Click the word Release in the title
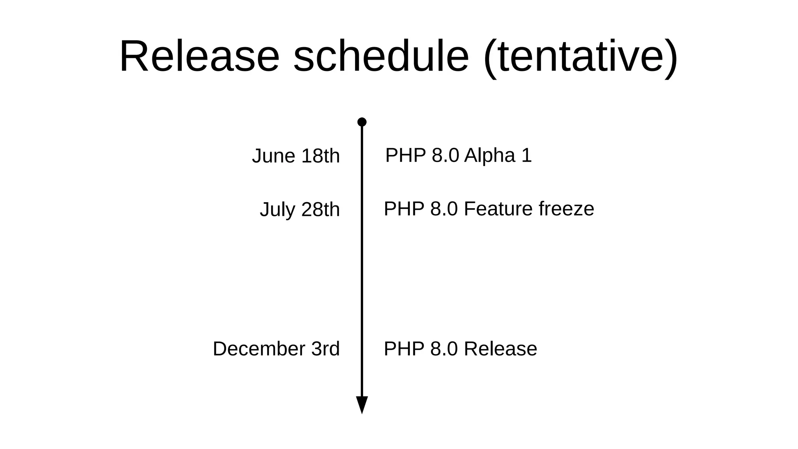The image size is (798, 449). coord(199,56)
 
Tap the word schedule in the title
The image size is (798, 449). coord(381,56)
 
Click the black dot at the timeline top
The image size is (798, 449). coord(362,122)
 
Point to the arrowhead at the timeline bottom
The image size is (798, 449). coord(362,404)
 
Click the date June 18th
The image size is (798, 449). coord(296,156)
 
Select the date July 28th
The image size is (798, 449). coord(300,210)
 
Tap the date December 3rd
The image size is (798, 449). coord(276,349)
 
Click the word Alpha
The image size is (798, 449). coord(490,156)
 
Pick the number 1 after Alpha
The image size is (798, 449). coord(526,156)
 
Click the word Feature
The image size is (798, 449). coord(498,209)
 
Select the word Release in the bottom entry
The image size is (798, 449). coord(500,349)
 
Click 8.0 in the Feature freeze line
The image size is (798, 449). coord(444,209)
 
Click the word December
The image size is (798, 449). coord(259,349)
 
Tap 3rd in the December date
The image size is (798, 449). coord(325,349)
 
